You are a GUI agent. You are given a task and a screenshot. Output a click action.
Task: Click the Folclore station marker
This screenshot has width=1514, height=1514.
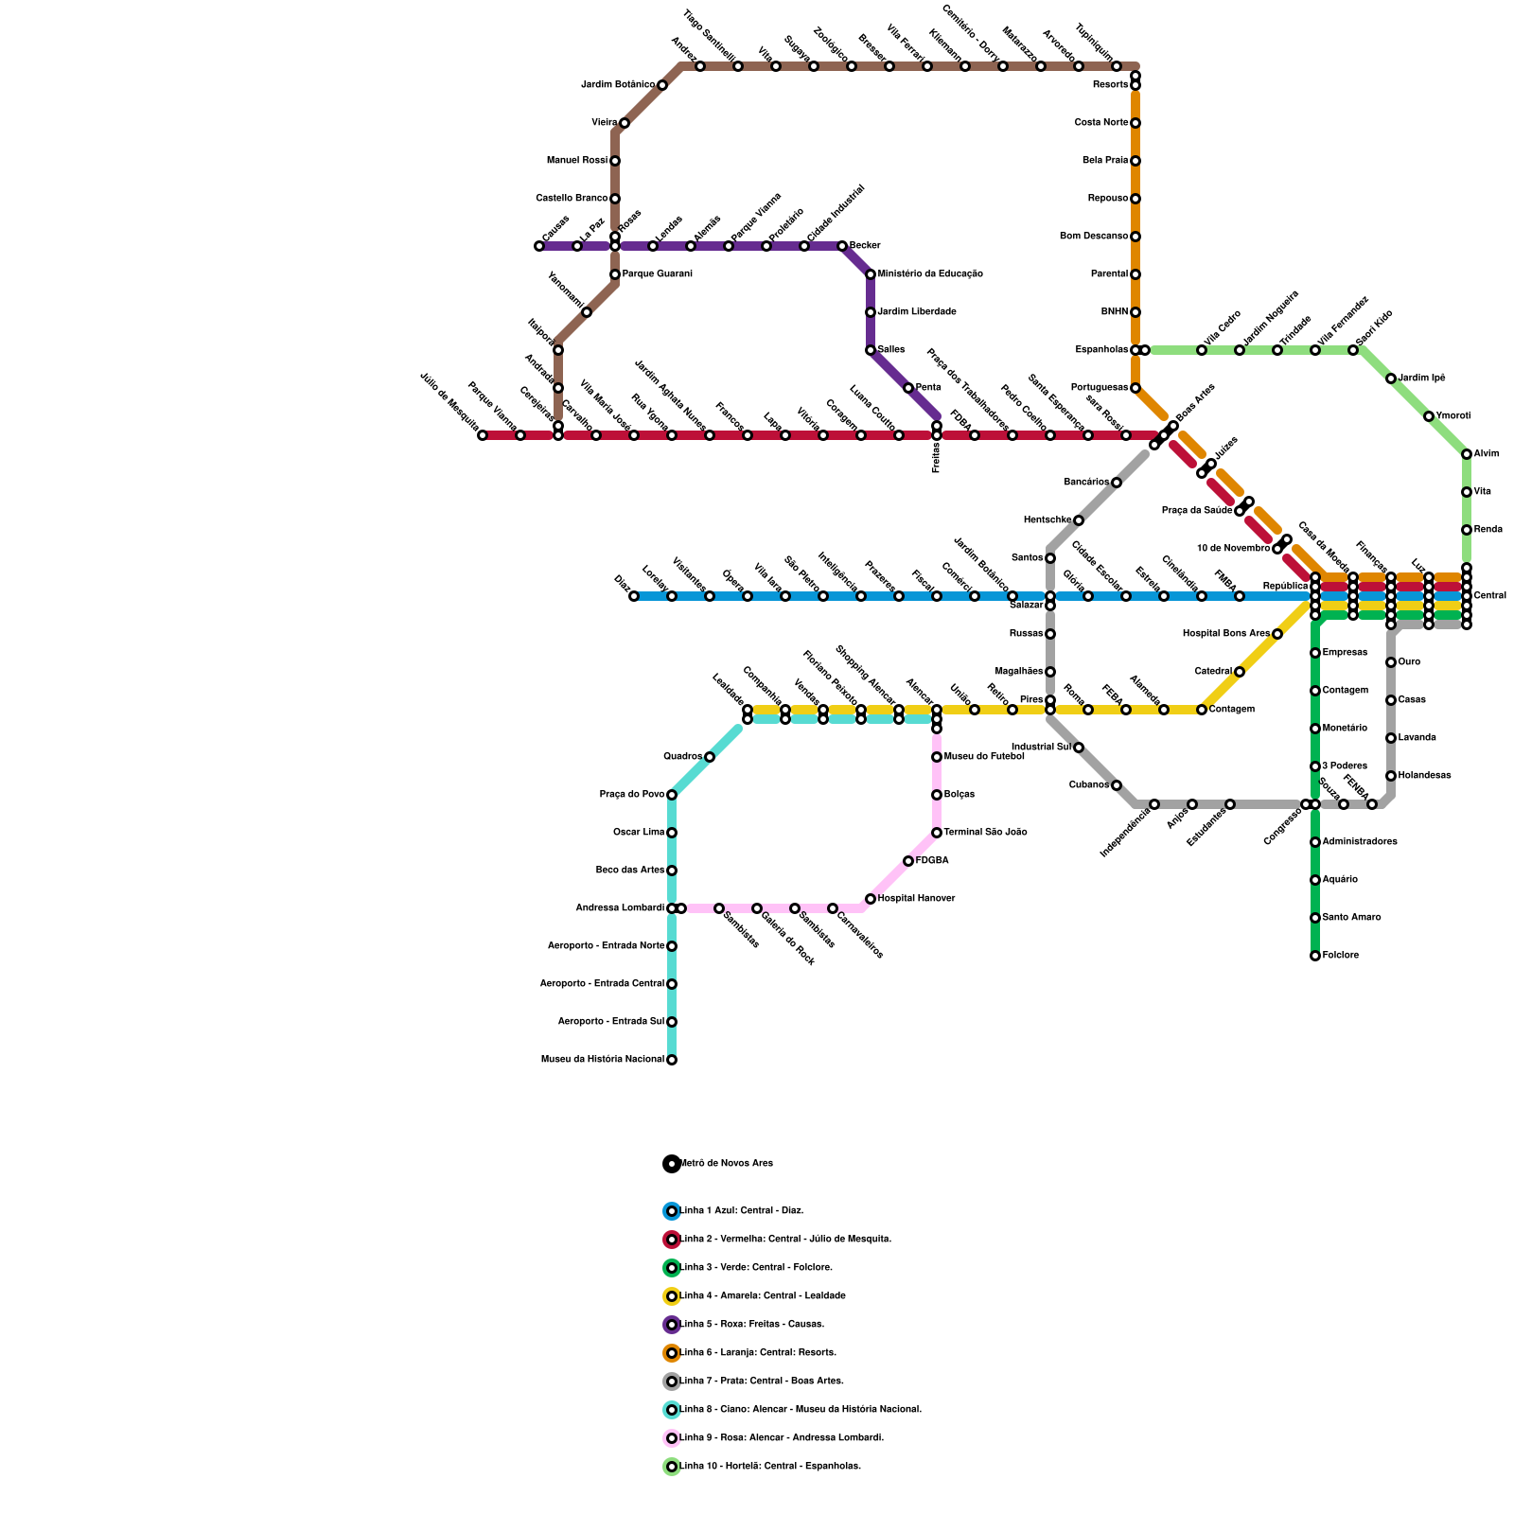click(1315, 956)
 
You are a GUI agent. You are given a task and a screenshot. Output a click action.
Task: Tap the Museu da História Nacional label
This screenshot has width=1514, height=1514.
click(603, 1060)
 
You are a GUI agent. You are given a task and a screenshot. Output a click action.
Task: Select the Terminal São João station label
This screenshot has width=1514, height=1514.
click(985, 833)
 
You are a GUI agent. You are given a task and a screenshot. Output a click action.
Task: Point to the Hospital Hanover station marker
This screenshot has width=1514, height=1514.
click(871, 899)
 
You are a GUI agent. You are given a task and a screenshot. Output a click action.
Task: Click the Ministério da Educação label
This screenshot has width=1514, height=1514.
click(930, 274)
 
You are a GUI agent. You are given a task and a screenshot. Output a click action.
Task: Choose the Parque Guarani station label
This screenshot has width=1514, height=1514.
click(657, 274)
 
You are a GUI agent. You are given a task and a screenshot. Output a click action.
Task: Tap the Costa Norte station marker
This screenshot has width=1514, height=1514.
click(1135, 123)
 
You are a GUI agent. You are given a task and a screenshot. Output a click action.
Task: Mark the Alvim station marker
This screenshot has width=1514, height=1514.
click(1467, 454)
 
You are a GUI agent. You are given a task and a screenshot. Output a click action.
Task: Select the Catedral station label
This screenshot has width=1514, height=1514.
click(1213, 672)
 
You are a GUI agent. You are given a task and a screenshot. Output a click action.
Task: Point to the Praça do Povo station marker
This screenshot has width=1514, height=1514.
click(672, 795)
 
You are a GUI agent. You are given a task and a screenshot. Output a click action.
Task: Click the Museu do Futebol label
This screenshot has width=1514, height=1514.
click(984, 757)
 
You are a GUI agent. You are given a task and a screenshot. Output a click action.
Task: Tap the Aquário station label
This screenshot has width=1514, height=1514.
click(1340, 880)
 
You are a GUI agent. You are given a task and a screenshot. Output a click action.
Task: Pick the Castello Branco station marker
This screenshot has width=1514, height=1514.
click(615, 199)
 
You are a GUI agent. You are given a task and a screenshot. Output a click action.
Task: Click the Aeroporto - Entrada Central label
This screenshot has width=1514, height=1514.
click(602, 984)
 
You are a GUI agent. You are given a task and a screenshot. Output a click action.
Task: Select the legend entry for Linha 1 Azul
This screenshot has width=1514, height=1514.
click(742, 1211)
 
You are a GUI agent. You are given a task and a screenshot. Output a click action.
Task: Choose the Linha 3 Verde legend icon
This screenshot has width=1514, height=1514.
click(672, 1268)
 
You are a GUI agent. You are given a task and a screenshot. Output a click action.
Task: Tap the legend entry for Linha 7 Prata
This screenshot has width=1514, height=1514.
click(762, 1382)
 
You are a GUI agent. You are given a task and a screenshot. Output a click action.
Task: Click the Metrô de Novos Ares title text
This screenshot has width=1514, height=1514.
click(727, 1164)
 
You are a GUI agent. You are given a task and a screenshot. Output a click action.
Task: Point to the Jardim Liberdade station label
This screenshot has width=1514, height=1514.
click(917, 312)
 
